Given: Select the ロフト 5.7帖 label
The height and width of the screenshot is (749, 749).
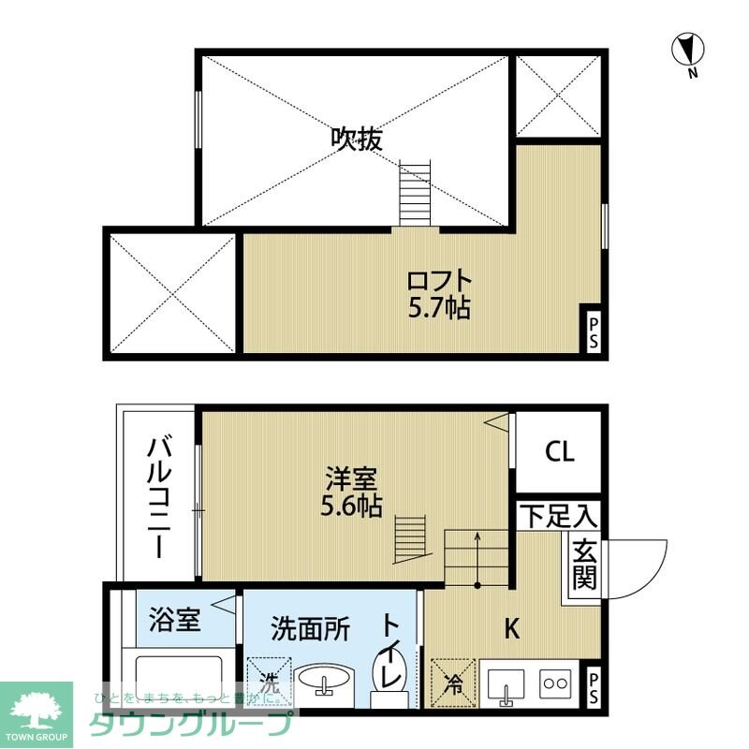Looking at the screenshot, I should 438,294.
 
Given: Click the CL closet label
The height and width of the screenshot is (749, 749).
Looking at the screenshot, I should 560,452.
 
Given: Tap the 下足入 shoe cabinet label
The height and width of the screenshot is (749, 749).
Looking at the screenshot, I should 559,515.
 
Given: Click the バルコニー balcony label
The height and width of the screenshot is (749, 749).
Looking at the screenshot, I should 157,495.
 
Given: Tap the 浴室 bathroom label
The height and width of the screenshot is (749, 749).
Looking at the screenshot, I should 175,621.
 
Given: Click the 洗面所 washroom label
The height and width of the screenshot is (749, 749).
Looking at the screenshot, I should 312,628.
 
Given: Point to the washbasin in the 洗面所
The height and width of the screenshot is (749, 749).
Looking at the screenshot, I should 325,681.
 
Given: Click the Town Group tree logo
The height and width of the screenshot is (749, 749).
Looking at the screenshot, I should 37,711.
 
